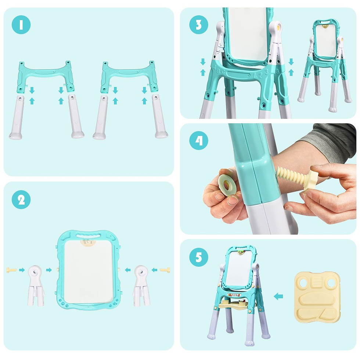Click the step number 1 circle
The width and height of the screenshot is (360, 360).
[21, 25]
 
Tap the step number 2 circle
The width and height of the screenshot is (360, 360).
[21, 199]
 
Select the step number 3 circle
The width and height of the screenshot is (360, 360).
[199, 25]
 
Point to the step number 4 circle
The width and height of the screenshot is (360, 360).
[199, 140]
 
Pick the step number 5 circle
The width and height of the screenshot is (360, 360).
[199, 257]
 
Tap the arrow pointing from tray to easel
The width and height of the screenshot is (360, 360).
[278, 296]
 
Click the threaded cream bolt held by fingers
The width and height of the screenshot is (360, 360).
[297, 178]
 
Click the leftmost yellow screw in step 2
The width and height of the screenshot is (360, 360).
[11, 270]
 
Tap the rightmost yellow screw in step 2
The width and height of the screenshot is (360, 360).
[165, 270]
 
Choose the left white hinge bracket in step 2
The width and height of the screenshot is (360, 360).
[36, 286]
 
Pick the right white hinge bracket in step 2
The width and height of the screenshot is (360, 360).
[141, 286]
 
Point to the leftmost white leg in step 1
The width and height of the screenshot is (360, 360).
[17, 117]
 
